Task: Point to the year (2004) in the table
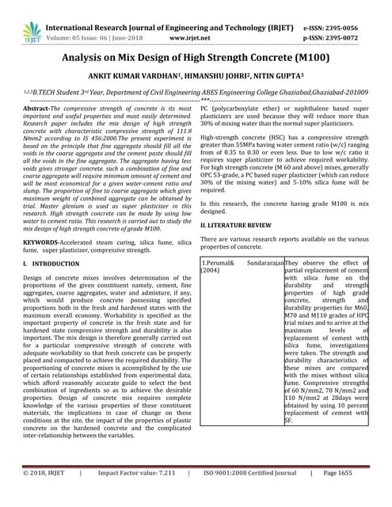click(x=211, y=270)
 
